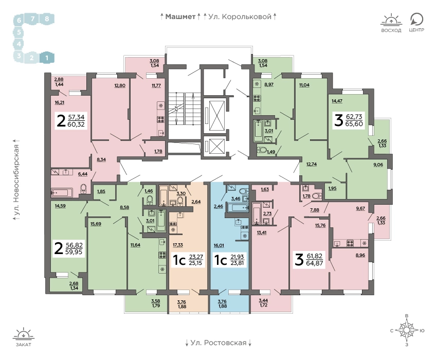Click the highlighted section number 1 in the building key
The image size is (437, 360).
click(x=47, y=58)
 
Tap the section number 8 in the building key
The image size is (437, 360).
click(x=47, y=19)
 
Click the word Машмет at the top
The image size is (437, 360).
click(x=180, y=17)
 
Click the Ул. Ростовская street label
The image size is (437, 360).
click(x=219, y=343)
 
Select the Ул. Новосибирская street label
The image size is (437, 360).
click(x=17, y=181)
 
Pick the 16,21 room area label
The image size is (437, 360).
click(x=59, y=102)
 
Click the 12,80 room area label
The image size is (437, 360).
click(x=120, y=85)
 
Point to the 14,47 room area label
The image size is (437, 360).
click(x=337, y=101)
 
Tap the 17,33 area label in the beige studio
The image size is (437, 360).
click(x=177, y=245)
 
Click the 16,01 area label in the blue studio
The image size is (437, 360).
click(x=219, y=245)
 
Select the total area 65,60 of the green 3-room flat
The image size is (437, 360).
click(x=354, y=124)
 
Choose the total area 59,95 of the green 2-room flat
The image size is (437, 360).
click(x=74, y=252)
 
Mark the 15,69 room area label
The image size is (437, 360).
click(x=96, y=224)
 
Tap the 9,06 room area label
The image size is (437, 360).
click(x=378, y=165)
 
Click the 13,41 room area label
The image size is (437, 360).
click(x=262, y=232)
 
